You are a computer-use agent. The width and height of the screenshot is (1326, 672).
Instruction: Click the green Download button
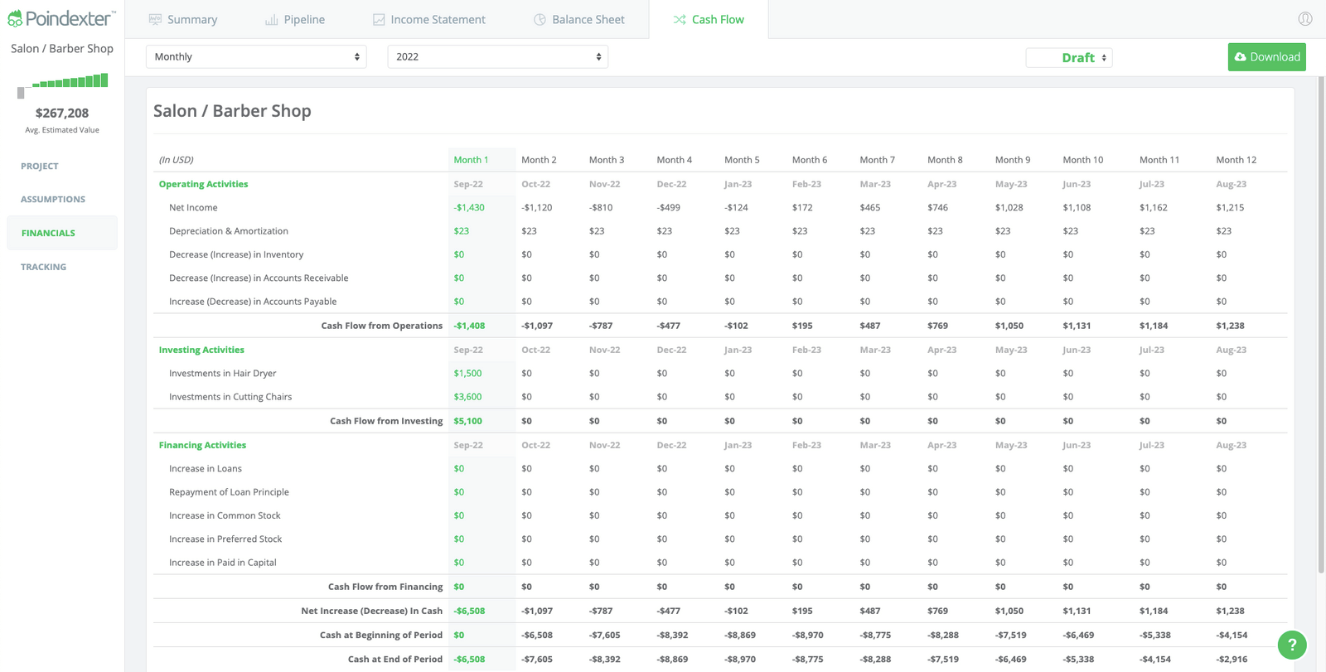click(x=1266, y=57)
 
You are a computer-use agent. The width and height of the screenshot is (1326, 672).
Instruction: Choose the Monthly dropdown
click(x=256, y=56)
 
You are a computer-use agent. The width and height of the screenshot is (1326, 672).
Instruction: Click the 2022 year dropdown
click(x=497, y=56)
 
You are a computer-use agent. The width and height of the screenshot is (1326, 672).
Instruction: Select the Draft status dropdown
click(x=1069, y=57)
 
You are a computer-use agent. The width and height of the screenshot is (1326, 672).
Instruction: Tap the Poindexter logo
click(x=61, y=18)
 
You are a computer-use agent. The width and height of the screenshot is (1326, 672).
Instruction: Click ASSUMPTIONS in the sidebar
click(x=53, y=199)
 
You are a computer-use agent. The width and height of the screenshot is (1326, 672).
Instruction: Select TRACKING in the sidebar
click(x=43, y=267)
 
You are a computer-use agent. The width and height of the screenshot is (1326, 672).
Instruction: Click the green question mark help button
click(x=1291, y=644)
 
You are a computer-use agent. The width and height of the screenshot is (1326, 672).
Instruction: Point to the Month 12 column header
click(x=1236, y=160)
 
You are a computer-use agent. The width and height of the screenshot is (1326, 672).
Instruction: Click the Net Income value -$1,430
click(x=469, y=208)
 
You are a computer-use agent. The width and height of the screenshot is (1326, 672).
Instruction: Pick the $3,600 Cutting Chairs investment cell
click(x=467, y=397)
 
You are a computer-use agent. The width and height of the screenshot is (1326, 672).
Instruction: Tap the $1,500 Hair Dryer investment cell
click(x=467, y=374)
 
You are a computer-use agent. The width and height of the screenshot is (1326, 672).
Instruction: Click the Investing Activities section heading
click(x=201, y=350)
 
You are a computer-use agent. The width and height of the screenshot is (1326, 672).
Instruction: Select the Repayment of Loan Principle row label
click(x=229, y=492)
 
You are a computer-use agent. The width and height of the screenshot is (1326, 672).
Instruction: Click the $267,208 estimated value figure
click(x=62, y=113)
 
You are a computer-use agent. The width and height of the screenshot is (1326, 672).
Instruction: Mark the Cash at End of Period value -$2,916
click(x=1232, y=660)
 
